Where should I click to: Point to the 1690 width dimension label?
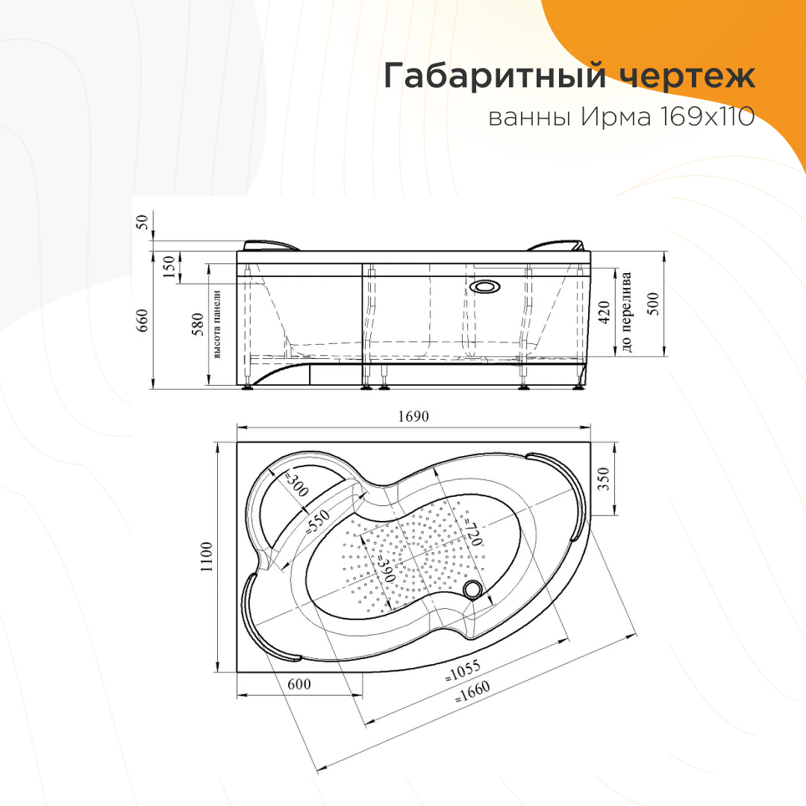click(x=413, y=416)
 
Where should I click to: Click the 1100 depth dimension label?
click(x=207, y=557)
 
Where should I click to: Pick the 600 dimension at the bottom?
click(x=299, y=684)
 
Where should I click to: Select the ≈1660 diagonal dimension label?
click(x=472, y=692)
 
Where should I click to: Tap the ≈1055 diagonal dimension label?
click(x=463, y=671)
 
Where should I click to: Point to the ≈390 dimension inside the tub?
click(x=385, y=569)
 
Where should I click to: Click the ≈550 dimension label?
click(x=318, y=522)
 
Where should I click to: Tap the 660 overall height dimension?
click(x=142, y=320)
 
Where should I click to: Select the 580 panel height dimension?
click(x=198, y=325)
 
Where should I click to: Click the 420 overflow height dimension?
click(x=604, y=313)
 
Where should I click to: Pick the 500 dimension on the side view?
click(x=653, y=304)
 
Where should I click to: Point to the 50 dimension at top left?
click(x=142, y=222)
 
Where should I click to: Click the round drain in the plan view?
click(x=471, y=589)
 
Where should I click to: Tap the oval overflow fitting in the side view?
click(x=483, y=286)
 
